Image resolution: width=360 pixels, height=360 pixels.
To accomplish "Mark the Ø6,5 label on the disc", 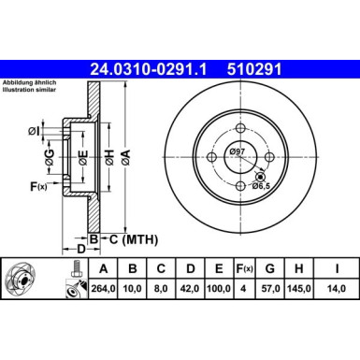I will tap(264, 186).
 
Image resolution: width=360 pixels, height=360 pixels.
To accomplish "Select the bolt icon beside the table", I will tap(72, 281).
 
